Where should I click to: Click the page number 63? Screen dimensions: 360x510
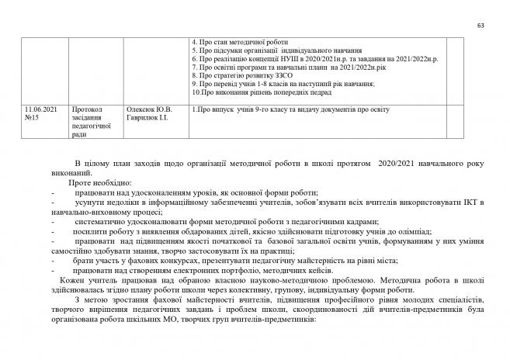481,26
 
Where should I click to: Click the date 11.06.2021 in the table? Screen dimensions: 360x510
40,109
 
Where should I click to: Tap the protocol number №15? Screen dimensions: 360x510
33,117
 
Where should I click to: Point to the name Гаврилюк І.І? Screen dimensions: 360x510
147,117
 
